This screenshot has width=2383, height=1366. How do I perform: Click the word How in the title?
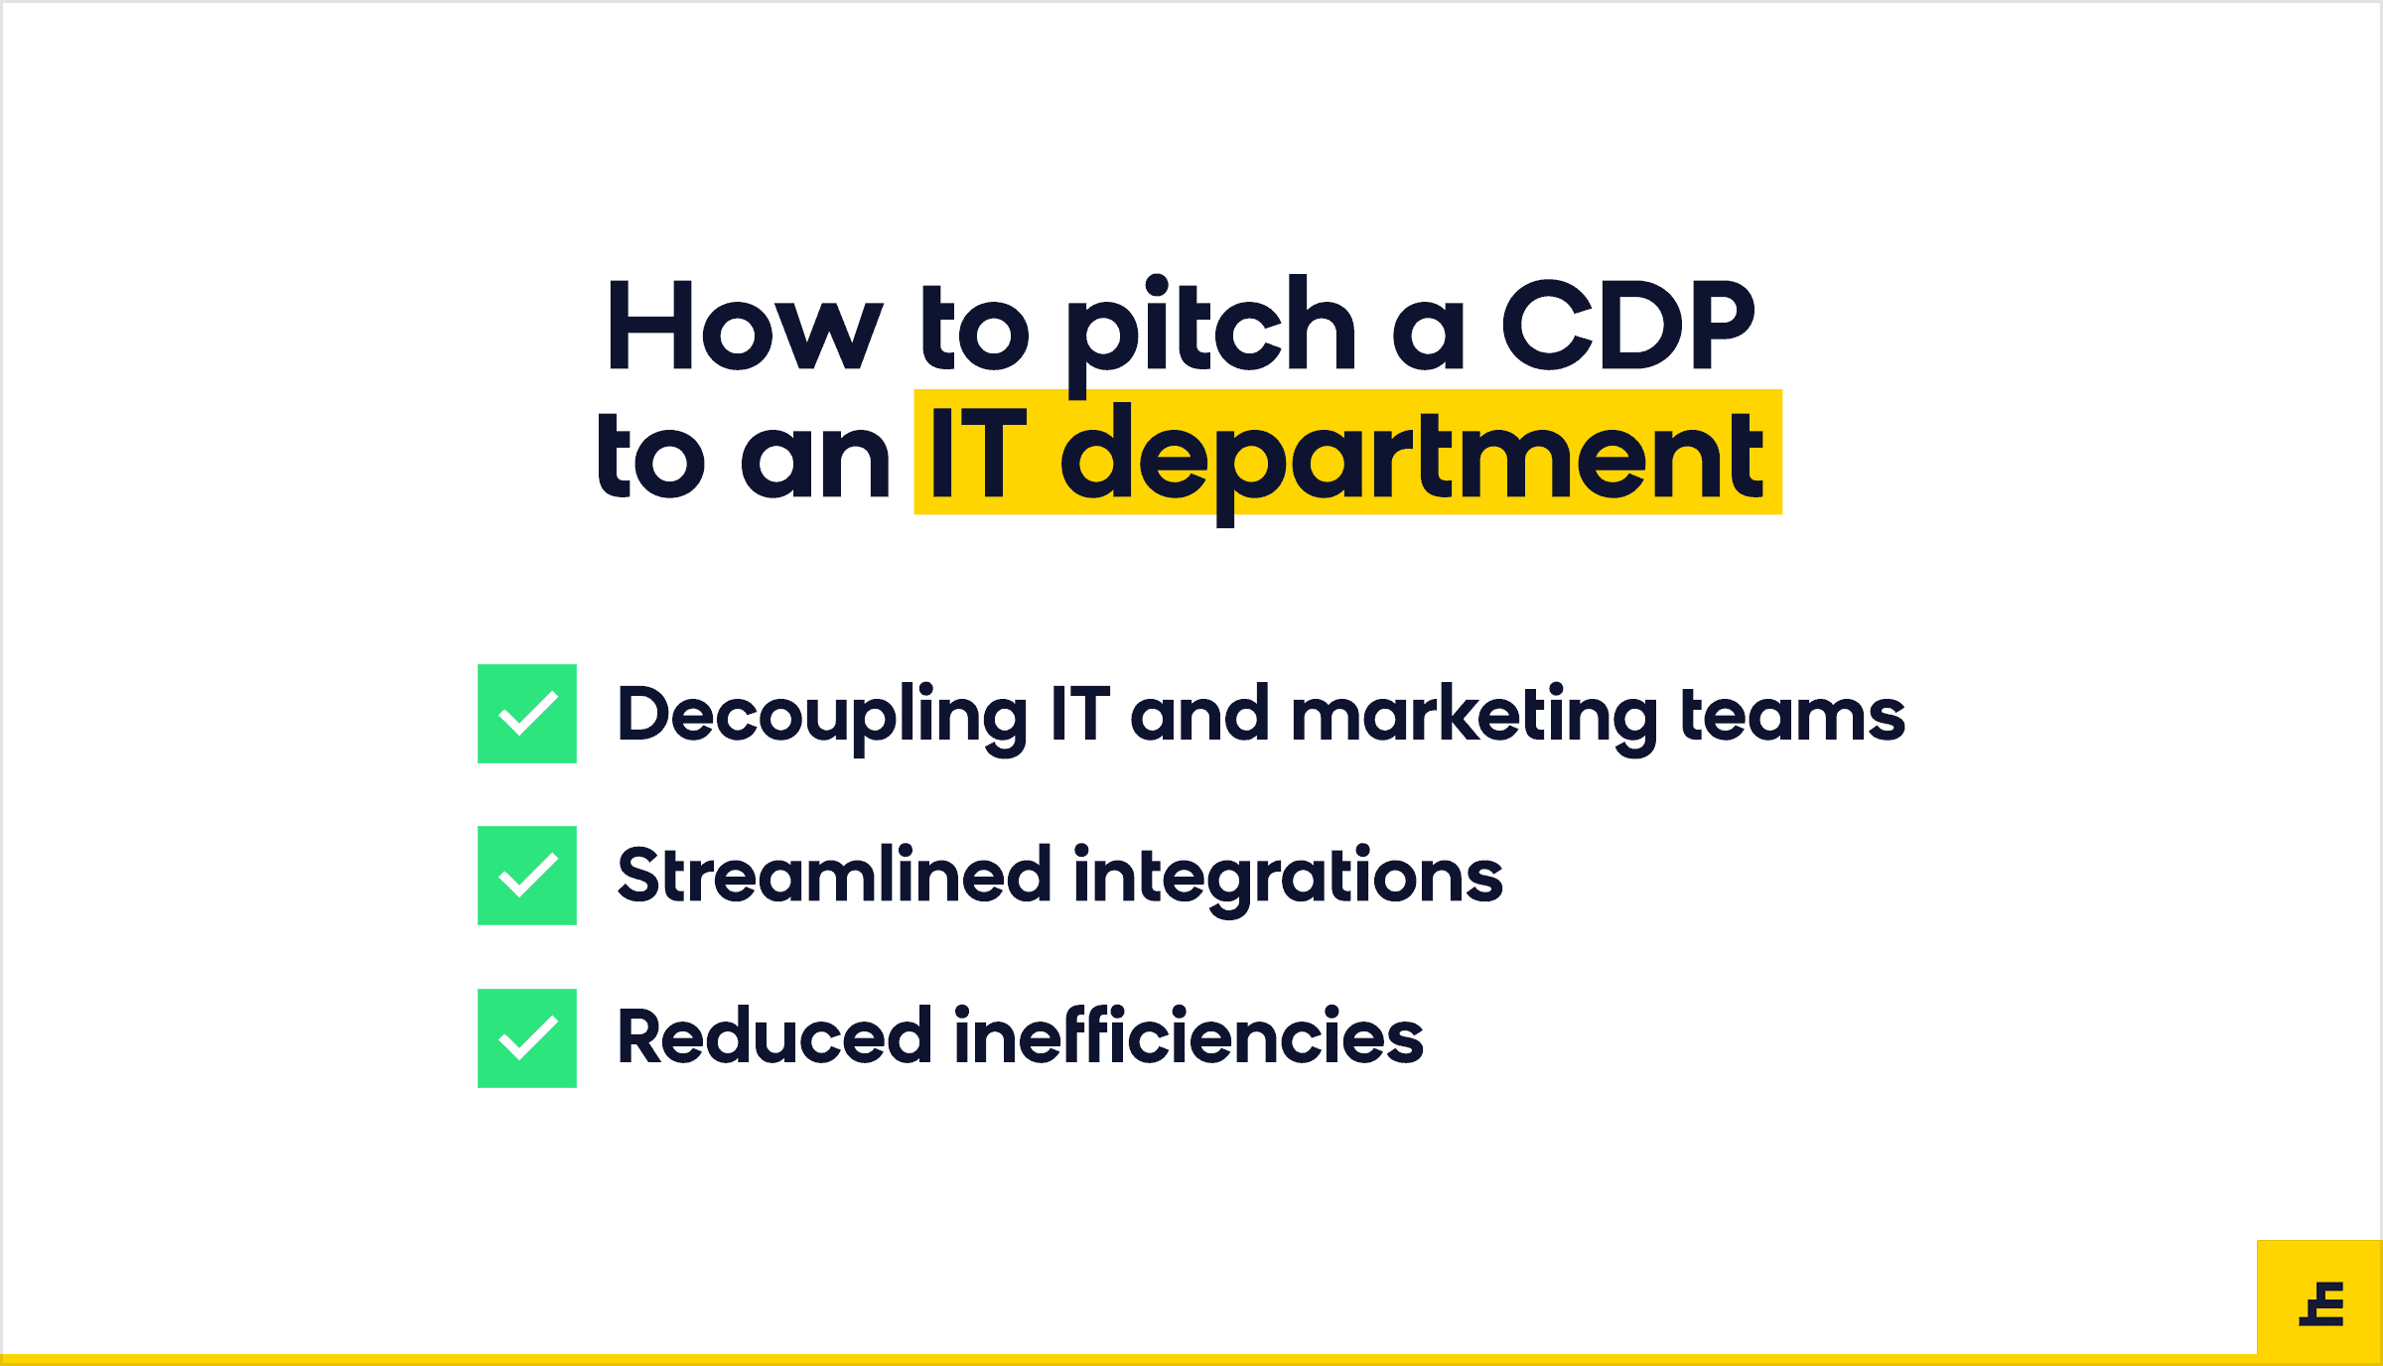coord(745,326)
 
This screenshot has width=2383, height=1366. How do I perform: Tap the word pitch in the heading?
coord(1210,335)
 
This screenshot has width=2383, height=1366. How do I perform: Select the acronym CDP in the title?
coord(1628,325)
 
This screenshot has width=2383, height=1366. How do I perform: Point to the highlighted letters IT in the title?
coord(978,454)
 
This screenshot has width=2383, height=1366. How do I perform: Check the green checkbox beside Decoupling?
coord(527,714)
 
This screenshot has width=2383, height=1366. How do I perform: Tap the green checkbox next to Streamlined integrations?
coord(527,876)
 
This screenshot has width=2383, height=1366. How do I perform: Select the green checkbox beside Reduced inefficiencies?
coord(527,1038)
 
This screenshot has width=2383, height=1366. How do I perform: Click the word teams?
coord(1793,715)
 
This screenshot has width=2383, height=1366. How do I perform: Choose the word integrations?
coord(1289,880)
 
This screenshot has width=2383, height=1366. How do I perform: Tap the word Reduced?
coord(774,1036)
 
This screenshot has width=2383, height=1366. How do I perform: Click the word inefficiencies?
coord(1190,1036)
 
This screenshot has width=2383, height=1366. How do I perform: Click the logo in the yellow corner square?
coord(2321,1303)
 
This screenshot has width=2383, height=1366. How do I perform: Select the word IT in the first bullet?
coord(1079,713)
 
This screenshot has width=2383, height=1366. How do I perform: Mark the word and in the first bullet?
coord(1199,713)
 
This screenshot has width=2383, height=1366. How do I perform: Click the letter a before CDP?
coord(1429,335)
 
